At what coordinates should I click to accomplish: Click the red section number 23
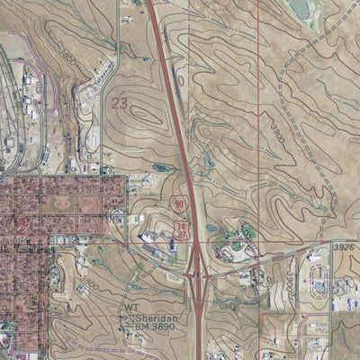(x=120, y=103)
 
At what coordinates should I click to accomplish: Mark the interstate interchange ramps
(x=195, y=270)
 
